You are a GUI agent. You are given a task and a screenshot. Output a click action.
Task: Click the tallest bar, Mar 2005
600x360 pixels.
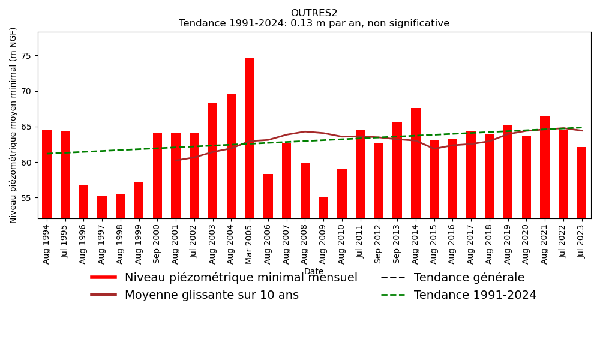tap(250, 138)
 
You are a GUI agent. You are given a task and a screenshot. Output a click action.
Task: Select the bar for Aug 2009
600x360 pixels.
tap(323, 208)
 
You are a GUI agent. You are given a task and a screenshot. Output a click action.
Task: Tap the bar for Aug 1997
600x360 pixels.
tap(102, 207)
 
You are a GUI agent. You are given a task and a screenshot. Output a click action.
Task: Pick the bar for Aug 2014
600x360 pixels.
tap(416, 163)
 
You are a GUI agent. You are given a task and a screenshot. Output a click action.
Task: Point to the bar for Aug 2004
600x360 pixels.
tap(231, 156)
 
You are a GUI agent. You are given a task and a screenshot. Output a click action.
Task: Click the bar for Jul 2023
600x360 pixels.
tap(581, 182)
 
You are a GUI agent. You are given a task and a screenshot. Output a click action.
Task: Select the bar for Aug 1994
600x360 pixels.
tap(47, 174)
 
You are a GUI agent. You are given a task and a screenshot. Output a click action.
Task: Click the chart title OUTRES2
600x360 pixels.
tap(314, 13)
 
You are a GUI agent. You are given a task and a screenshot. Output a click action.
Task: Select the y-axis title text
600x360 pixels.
tap(14, 125)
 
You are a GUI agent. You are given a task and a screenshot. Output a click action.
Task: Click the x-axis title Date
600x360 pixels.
tap(314, 272)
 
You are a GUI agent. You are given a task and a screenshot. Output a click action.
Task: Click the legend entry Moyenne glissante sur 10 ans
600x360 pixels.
tap(211, 295)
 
